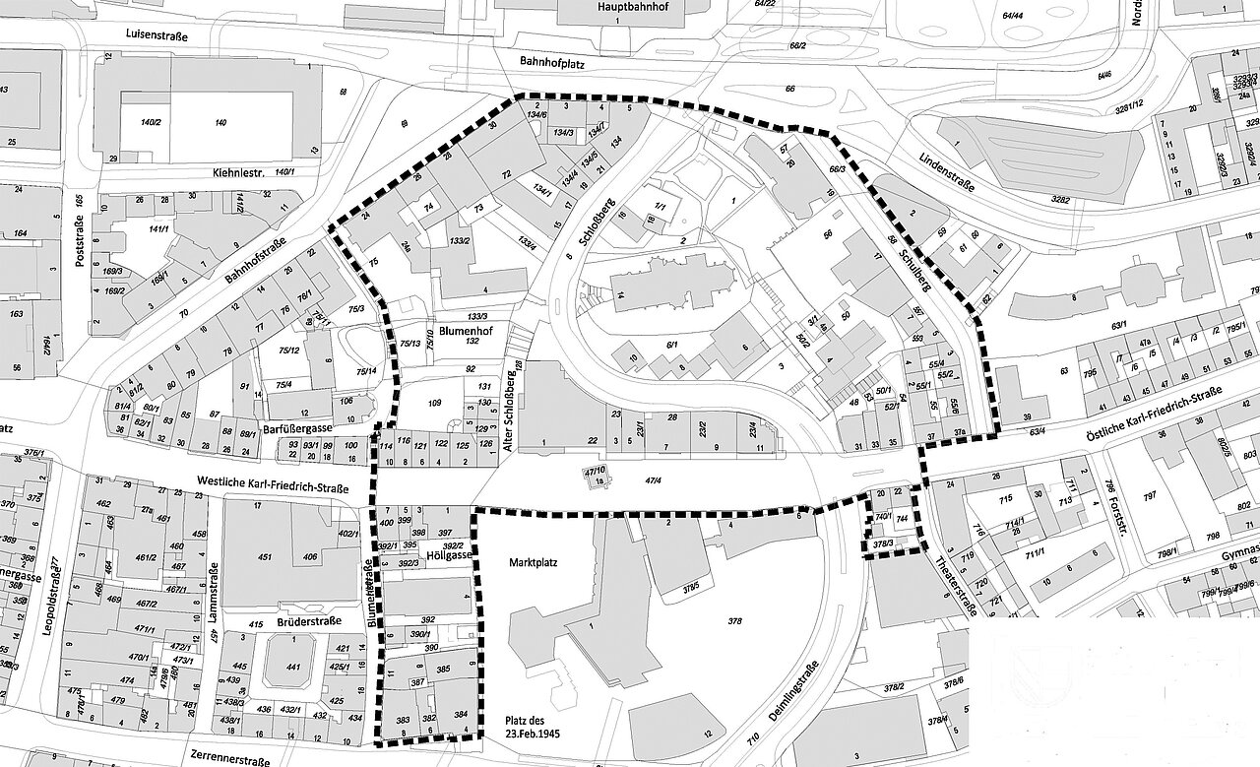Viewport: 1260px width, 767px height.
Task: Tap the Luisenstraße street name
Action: click(x=162, y=33)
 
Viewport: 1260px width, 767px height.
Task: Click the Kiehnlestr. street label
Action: click(x=238, y=171)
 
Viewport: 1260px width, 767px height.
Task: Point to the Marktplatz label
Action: click(x=534, y=564)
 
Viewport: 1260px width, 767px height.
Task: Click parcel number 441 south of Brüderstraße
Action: click(x=293, y=668)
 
